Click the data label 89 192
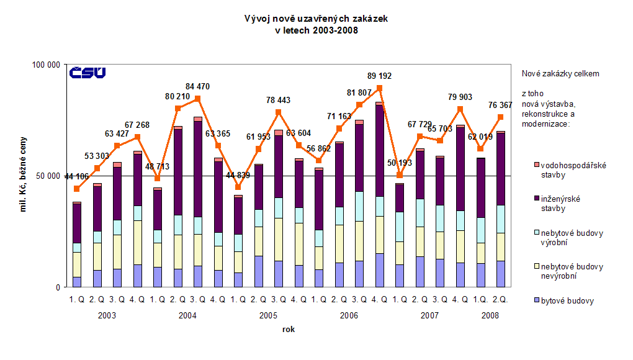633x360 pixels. pyautogui.click(x=379, y=76)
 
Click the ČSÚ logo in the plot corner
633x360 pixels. pyautogui.click(x=87, y=73)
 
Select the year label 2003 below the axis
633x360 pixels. pyautogui.click(x=107, y=316)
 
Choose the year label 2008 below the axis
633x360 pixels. pyautogui.click(x=490, y=316)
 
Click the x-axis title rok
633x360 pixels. pyautogui.click(x=288, y=329)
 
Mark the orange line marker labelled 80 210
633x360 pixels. pyautogui.click(x=177, y=108)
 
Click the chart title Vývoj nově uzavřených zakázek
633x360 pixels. pyautogui.click(x=316, y=19)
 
